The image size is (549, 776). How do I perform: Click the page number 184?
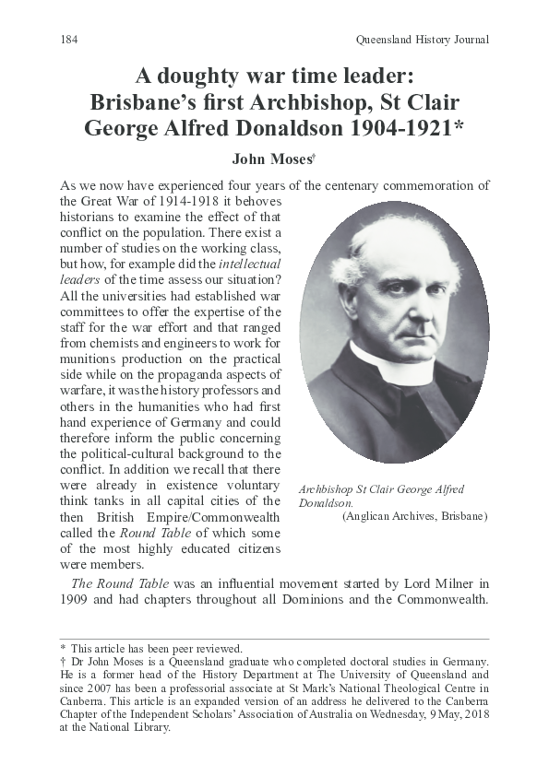pos(67,40)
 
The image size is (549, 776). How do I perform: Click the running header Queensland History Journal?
pos(422,40)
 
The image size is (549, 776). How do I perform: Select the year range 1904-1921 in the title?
pos(394,128)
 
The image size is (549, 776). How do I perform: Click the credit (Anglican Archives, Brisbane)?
pos(414,517)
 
